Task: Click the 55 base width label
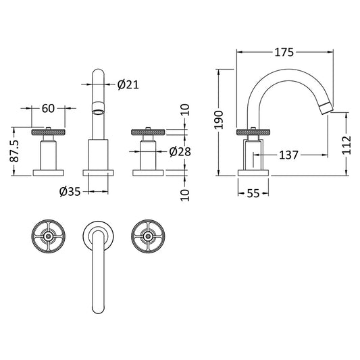[253, 194]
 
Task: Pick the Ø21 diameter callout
[128, 84]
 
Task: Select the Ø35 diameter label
[70, 192]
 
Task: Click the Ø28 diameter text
[179, 151]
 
